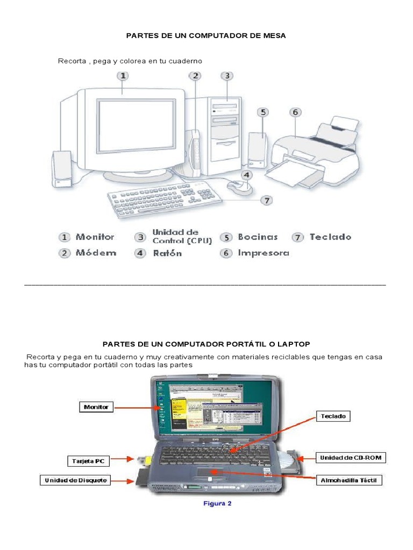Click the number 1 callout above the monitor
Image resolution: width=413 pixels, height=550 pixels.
123,76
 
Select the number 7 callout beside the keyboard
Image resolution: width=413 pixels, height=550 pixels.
267,200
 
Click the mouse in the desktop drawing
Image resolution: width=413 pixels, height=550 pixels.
238,187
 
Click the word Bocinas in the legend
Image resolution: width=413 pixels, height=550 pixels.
258,237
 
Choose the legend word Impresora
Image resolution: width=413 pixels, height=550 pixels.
264,253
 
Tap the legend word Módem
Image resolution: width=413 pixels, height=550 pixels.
96,253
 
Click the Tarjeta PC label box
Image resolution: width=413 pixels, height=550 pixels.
89,461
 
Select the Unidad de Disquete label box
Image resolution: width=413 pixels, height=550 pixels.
75,480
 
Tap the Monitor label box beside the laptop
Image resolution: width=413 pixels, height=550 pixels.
96,407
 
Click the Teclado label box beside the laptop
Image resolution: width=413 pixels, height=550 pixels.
334,416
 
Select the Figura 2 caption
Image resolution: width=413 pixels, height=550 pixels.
217,504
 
